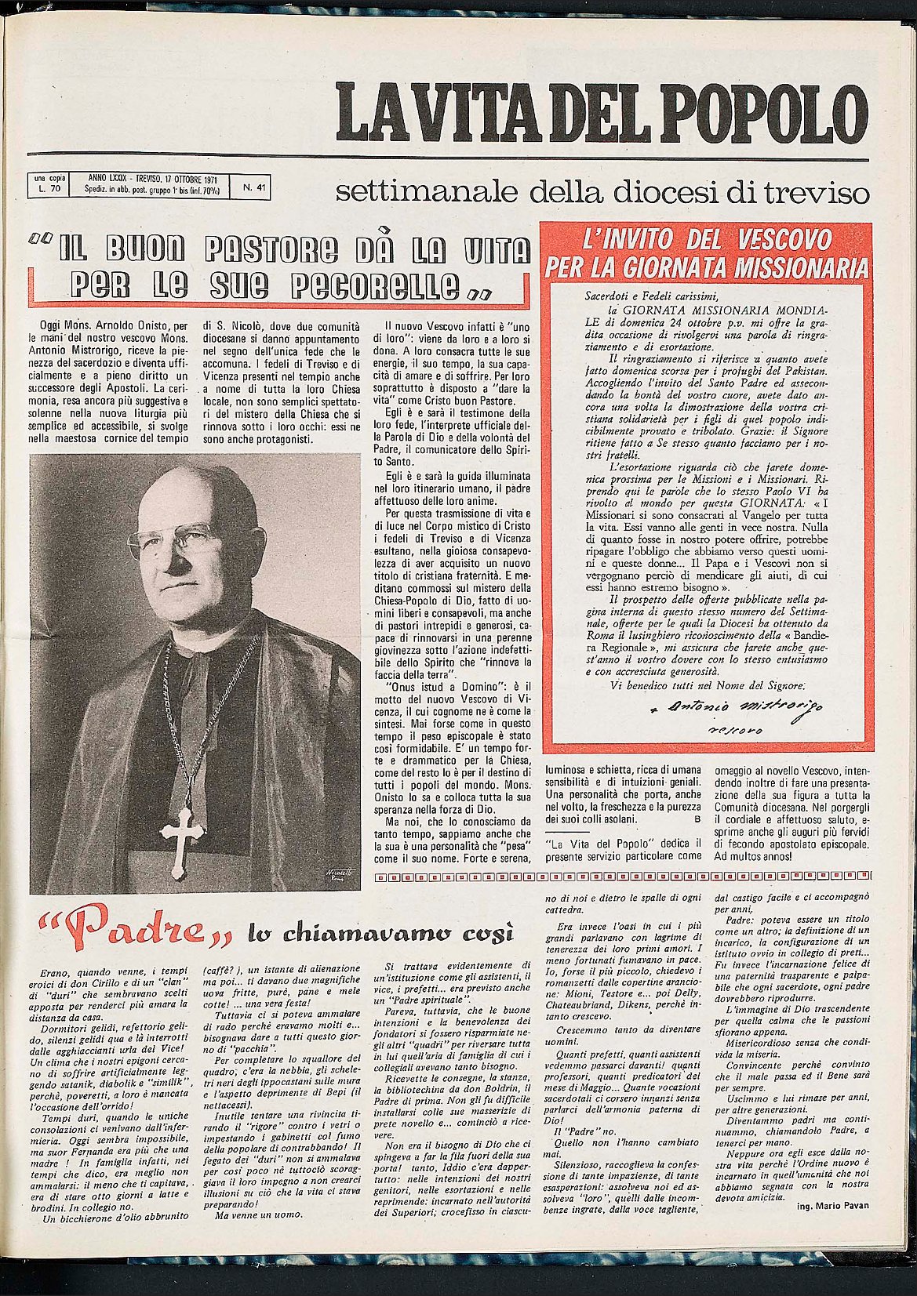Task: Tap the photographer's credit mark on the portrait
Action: pos(337,875)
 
